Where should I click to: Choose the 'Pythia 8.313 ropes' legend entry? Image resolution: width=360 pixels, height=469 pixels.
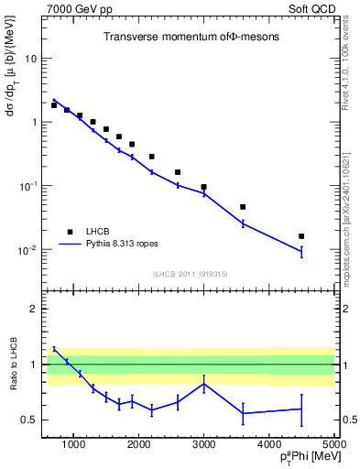[x=114, y=245]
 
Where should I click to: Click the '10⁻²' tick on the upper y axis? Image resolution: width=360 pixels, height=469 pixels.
[x=28, y=250]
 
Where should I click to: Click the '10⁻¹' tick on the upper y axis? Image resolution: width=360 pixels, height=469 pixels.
[x=28, y=186]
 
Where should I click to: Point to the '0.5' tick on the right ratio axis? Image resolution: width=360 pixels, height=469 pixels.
[x=349, y=420]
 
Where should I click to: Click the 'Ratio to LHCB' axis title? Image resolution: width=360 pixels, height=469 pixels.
[x=13, y=365]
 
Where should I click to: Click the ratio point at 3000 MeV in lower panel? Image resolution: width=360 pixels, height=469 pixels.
[x=203, y=383]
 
